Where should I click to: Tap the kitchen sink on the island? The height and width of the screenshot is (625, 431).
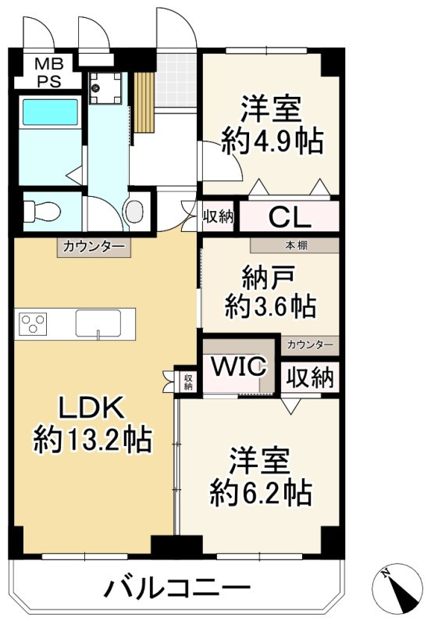98,322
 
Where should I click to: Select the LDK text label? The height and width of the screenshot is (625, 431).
91,409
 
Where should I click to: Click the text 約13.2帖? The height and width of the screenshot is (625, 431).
91,441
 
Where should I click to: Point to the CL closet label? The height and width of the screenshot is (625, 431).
290,216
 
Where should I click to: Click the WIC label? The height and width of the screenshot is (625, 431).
238,366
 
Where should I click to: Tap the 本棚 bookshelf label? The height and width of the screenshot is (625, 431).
295,245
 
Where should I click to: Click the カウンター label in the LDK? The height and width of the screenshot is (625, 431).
93,248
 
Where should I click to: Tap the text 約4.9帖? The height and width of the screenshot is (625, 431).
272,141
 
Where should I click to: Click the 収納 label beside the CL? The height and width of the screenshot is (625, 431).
218,216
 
